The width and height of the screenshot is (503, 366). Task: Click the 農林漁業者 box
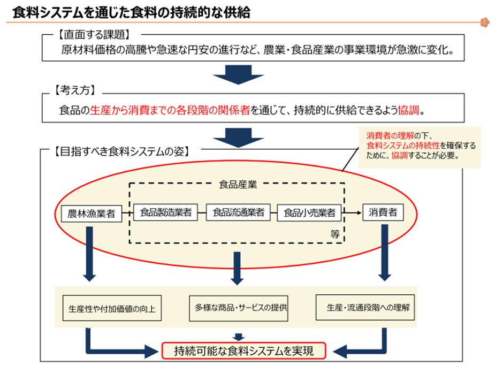(x=90, y=213)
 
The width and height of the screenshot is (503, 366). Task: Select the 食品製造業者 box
(x=165, y=212)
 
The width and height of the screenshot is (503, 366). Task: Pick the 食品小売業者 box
(x=309, y=212)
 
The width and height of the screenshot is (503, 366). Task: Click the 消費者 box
(x=383, y=212)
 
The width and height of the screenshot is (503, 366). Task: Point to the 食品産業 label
(x=238, y=185)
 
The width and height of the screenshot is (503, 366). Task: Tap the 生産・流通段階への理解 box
(x=365, y=308)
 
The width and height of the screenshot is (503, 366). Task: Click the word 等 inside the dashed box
(x=335, y=234)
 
